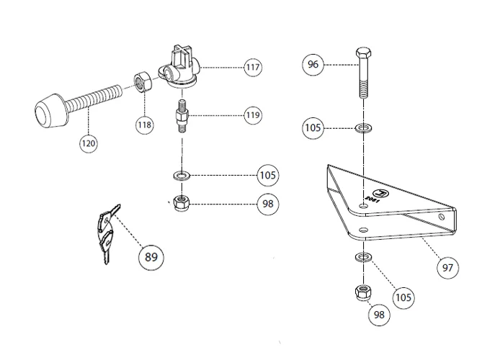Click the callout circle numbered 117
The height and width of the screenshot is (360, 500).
251,68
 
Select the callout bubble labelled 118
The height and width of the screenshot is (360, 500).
145,125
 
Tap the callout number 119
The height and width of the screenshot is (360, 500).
251,114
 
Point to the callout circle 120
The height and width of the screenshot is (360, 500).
88,143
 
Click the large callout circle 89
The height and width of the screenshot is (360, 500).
151,256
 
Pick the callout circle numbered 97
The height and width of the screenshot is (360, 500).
447,267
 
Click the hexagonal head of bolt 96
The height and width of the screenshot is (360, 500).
363,55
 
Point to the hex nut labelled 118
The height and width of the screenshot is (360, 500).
142,81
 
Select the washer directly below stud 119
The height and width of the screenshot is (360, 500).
182,175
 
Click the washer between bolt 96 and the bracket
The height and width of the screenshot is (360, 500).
363,129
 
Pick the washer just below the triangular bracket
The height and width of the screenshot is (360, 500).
362,257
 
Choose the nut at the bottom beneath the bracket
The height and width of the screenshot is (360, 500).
362,294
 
